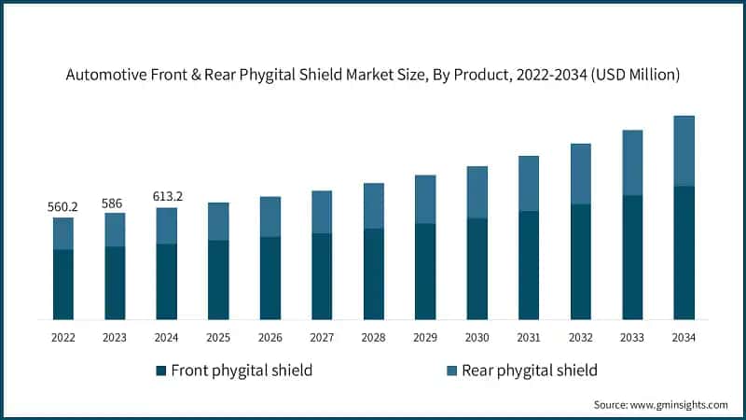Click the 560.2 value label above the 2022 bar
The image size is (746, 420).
(62, 205)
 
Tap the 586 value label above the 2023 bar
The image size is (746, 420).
(114, 201)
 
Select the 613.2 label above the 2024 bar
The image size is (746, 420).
(166, 196)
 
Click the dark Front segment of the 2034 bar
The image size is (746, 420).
(684, 253)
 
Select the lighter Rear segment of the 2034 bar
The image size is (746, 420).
(684, 151)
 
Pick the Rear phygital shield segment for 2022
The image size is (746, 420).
(62, 233)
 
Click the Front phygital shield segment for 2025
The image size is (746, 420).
(218, 280)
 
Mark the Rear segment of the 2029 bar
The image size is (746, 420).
(425, 199)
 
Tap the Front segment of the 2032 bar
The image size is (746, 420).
(580, 261)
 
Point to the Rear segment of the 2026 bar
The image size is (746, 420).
(269, 217)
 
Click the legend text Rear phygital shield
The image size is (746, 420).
(528, 371)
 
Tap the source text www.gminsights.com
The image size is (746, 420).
(678, 404)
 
